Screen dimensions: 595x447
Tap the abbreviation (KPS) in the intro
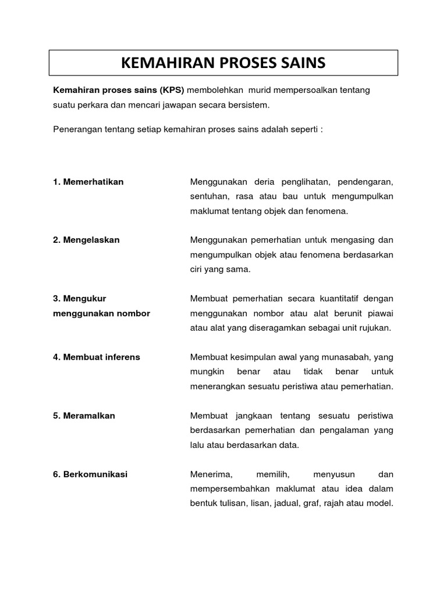[x=168, y=91]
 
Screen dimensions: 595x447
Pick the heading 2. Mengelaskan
[x=86, y=240]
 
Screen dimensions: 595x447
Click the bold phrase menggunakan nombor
[x=101, y=313]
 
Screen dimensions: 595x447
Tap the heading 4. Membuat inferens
[x=96, y=357]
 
